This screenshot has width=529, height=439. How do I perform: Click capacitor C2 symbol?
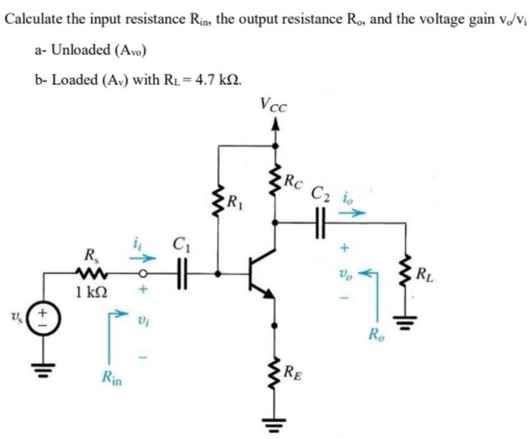321,223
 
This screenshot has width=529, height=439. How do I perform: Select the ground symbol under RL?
406,323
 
